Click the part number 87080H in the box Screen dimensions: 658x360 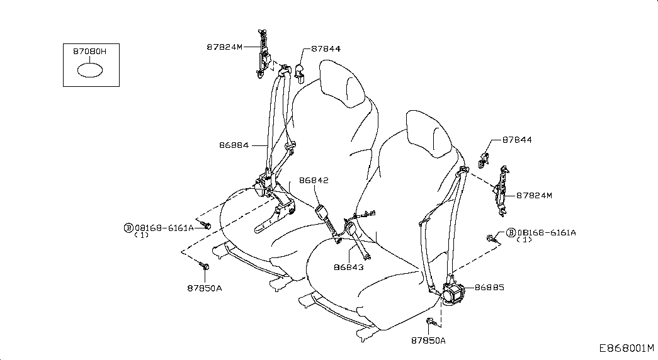(90, 52)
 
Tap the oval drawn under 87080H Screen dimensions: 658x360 (90, 70)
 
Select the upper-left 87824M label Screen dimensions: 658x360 (225, 47)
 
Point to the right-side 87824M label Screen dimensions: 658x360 (534, 196)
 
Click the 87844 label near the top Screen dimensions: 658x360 (326, 48)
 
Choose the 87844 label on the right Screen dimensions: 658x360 (517, 140)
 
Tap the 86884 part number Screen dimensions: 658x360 (234, 145)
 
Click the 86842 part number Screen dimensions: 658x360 (314, 181)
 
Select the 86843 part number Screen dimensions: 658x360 (349, 267)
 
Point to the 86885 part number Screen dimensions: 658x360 (490, 288)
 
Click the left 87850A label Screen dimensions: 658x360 (205, 288)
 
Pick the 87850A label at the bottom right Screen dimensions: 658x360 (428, 340)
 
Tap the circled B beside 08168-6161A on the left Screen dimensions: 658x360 (128, 228)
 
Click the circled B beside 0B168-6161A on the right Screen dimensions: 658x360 (511, 232)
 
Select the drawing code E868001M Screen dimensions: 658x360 (627, 348)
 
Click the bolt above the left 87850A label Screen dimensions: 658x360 (204, 266)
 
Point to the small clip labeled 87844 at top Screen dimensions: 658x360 (300, 71)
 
